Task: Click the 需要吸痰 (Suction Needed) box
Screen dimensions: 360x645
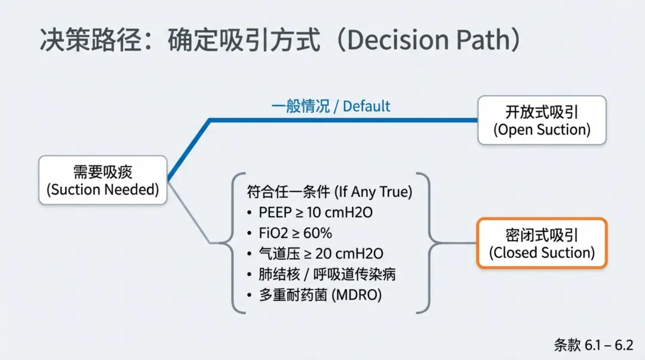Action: click(x=103, y=180)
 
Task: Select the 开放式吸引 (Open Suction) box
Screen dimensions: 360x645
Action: click(x=542, y=120)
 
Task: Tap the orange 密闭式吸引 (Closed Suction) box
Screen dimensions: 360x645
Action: click(x=542, y=243)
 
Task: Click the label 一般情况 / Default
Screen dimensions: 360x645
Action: click(x=330, y=106)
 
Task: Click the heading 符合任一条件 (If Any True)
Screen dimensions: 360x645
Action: click(x=329, y=192)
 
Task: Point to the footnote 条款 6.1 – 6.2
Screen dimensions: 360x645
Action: click(x=593, y=344)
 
